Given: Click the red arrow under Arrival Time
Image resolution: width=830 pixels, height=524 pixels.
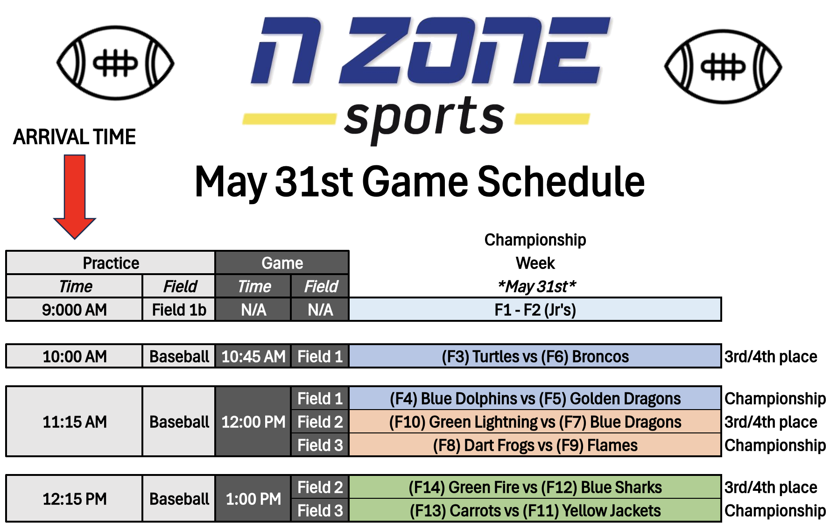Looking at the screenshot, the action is click(x=75, y=197).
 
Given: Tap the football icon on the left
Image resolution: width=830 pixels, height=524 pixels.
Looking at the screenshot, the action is click(x=115, y=63).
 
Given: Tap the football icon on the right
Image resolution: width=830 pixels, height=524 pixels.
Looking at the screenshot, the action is click(x=723, y=67).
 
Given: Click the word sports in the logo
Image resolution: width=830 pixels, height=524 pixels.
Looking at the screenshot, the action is click(x=424, y=118).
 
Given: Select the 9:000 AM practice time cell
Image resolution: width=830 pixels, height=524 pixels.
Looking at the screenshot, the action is click(x=74, y=310).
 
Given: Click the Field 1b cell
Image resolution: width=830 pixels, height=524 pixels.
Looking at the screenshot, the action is click(x=179, y=310).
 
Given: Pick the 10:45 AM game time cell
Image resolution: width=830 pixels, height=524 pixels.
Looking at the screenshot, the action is click(x=253, y=356).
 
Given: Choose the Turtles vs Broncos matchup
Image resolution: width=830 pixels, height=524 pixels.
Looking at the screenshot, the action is click(x=535, y=356).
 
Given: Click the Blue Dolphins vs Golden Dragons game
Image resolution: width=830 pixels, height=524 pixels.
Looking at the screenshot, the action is click(x=535, y=398).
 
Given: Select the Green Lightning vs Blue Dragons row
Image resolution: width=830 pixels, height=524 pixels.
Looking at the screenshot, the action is click(x=535, y=422).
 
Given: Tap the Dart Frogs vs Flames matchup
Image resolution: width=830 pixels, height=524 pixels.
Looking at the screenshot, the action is click(x=535, y=445).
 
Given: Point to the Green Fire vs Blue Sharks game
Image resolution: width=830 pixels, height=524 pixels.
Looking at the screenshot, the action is click(x=535, y=487).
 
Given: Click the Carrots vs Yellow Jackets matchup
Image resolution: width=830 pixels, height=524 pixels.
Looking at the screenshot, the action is click(x=535, y=510).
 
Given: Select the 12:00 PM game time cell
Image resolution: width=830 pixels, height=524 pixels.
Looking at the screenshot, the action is click(x=253, y=422).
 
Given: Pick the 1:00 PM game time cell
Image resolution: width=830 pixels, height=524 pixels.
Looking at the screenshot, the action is click(x=253, y=499).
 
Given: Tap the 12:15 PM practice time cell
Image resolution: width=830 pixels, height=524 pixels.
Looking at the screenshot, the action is click(x=74, y=499).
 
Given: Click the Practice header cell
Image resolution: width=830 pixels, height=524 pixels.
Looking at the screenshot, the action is click(x=111, y=263).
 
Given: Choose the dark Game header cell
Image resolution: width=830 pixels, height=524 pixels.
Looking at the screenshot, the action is click(x=282, y=263).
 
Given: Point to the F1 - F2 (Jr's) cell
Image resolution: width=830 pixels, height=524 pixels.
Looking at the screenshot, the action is click(x=535, y=310).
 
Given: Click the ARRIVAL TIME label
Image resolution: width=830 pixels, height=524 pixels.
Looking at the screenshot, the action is click(x=74, y=137).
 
